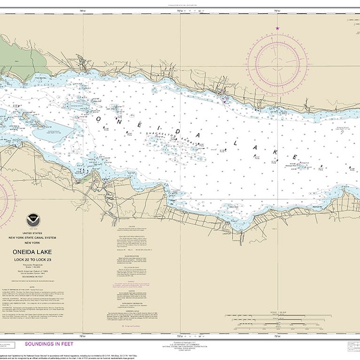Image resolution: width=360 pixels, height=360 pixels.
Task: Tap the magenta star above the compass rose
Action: [277, 28]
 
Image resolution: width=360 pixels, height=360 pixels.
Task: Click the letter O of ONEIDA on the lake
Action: [97, 119]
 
